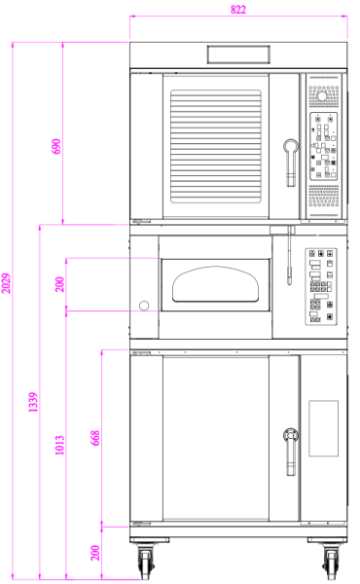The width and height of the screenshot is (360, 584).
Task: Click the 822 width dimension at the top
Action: tap(238, 10)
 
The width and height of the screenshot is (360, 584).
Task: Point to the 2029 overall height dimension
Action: tap(7, 282)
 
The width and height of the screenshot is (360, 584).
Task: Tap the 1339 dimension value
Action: tap(33, 402)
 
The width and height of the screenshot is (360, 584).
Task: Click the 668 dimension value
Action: tap(95, 436)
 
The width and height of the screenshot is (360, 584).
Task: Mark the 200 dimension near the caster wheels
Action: tap(95, 552)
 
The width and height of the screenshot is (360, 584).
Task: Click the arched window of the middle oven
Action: tap(216, 285)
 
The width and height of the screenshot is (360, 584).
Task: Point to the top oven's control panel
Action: tap(324, 146)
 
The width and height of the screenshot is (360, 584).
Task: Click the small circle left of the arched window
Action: tap(144, 306)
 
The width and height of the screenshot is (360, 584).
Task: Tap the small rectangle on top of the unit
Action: tap(238, 53)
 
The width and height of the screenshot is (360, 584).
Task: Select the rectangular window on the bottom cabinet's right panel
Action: tap(322, 429)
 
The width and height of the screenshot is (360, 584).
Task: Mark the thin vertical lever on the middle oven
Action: tap(289, 255)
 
